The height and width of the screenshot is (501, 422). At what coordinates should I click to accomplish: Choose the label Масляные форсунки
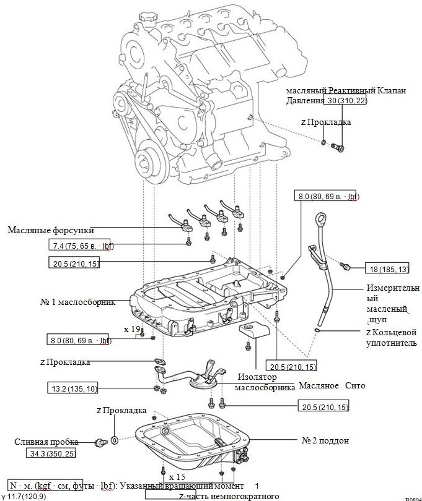51,231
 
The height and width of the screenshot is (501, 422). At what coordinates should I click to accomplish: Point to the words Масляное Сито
332,385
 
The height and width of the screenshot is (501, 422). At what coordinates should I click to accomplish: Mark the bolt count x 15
177,477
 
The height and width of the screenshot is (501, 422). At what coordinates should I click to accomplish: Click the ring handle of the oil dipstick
324,219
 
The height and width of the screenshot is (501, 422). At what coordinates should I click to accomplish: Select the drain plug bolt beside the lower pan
99,442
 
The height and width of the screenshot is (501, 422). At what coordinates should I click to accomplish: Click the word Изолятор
257,377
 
